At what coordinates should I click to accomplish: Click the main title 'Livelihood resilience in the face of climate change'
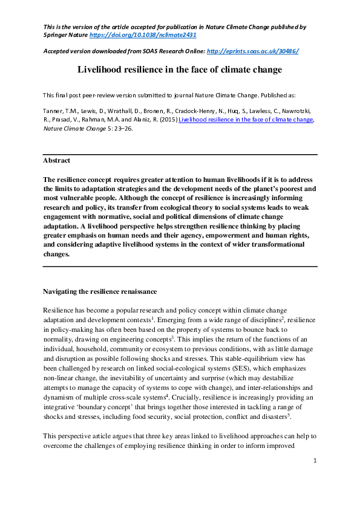(180, 70)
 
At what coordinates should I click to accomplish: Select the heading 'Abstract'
(56, 161)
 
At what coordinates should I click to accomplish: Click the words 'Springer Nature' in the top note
(65, 35)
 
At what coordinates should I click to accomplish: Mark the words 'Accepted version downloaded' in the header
(86, 51)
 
